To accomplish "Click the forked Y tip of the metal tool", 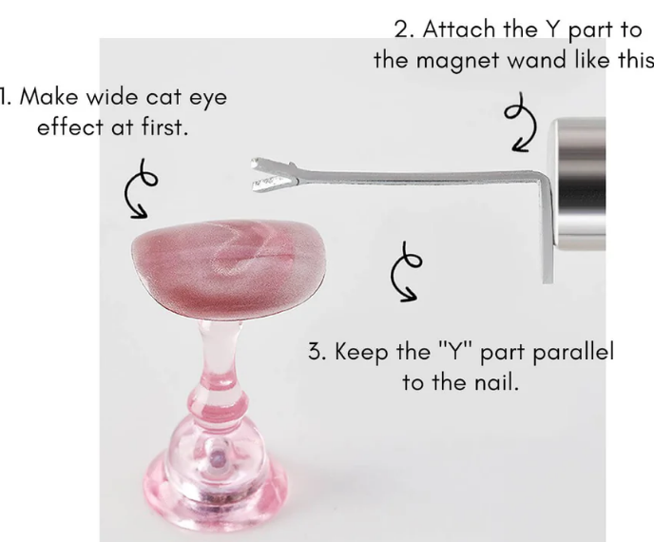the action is [x=274, y=174].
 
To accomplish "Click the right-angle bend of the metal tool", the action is [x=546, y=177].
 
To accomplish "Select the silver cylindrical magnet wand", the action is [x=579, y=184].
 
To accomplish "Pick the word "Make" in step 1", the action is [x=48, y=97].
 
